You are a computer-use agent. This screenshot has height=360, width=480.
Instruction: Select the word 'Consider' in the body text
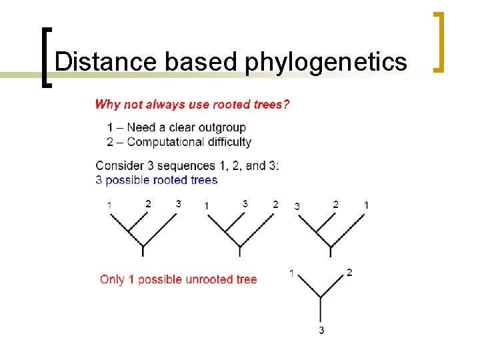[x=119, y=165]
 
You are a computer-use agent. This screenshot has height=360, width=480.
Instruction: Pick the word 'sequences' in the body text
[x=191, y=165]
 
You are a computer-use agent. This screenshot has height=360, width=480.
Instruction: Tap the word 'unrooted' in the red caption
[x=193, y=279]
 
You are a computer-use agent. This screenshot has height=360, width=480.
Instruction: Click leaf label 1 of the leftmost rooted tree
[x=109, y=205]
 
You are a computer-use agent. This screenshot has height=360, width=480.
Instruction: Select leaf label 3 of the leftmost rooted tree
[x=178, y=204]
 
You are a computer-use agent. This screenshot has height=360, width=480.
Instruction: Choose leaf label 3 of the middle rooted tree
[x=245, y=204]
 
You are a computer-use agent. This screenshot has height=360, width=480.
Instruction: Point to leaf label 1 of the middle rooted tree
[x=207, y=205]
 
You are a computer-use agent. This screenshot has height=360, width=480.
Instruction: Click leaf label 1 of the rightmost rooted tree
[x=366, y=205]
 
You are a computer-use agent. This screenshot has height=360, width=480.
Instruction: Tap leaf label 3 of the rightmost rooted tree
[x=297, y=206]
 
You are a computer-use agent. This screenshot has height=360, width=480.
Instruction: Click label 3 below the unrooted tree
[x=321, y=331]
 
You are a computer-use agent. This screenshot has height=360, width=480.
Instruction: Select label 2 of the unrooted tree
[x=350, y=272]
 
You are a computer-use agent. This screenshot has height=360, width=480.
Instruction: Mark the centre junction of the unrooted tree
[x=321, y=297]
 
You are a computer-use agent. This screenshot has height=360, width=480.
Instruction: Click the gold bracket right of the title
[x=439, y=41]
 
